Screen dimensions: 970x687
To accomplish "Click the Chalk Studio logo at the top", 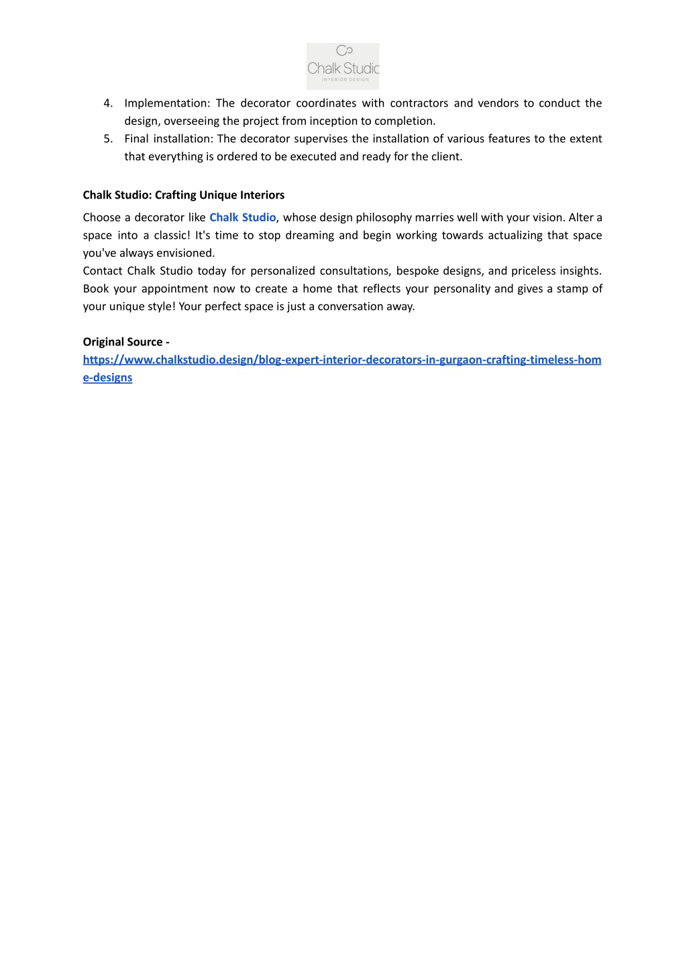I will pyautogui.click(x=343, y=66).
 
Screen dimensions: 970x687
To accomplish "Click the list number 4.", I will pyautogui.click(x=107, y=103).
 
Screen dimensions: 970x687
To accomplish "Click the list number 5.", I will pyautogui.click(x=107, y=139).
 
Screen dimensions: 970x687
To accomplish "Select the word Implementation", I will pyautogui.click(x=166, y=103).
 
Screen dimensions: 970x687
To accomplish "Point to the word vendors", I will pyautogui.click(x=498, y=103).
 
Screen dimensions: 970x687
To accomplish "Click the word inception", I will pyautogui.click(x=333, y=121).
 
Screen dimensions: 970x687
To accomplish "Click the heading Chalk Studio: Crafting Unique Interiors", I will pyautogui.click(x=183, y=195).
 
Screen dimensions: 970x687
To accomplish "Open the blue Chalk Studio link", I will pyautogui.click(x=242, y=217).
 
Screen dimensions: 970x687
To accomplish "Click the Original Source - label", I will pyautogui.click(x=125, y=342).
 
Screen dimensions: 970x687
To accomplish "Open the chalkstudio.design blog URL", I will pyautogui.click(x=341, y=360).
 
